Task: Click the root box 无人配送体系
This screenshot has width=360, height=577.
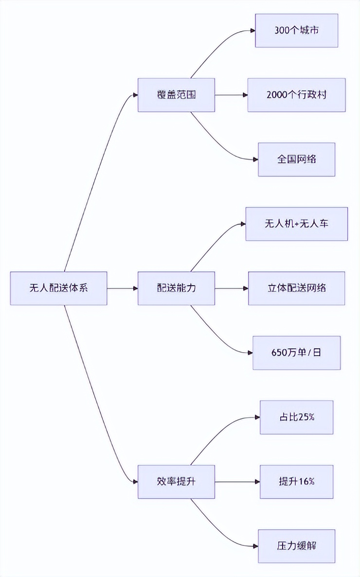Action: (58, 288)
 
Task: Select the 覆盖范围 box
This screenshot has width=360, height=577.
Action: (176, 95)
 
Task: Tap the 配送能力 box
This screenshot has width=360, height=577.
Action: (176, 288)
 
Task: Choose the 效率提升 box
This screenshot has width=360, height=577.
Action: (176, 482)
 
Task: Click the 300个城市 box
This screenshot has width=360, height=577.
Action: (296, 31)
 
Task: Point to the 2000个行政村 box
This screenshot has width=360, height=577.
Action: (296, 95)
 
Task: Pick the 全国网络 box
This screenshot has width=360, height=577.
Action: (296, 160)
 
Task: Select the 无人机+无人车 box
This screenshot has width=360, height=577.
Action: (296, 224)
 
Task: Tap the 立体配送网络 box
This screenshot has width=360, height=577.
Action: (296, 288)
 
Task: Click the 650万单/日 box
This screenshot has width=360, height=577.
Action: (296, 353)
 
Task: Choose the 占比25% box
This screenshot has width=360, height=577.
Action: (296, 417)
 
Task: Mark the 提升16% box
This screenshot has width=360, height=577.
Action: (296, 482)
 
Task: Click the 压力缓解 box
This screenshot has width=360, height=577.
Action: (296, 546)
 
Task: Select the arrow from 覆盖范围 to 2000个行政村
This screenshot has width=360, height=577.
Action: (231, 95)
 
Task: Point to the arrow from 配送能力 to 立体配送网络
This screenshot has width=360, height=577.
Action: (231, 288)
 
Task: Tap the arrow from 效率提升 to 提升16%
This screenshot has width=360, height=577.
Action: (236, 482)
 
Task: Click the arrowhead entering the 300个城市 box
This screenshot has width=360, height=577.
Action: (252, 31)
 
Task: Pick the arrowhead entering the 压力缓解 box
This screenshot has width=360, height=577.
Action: (255, 546)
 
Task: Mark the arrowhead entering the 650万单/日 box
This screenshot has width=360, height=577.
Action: (250, 353)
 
